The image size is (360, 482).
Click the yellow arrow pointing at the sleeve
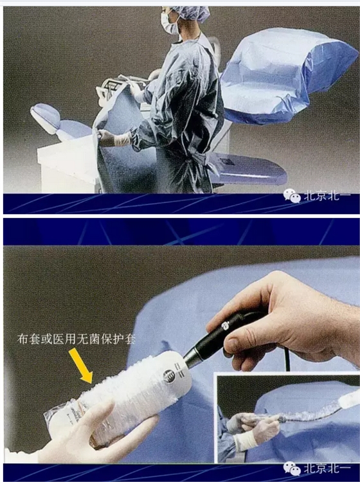[81, 366]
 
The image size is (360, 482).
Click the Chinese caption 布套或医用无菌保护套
[76, 339]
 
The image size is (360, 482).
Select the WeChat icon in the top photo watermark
[292, 195]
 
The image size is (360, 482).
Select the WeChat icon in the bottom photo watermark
[292, 469]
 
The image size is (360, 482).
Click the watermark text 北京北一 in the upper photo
[327, 195]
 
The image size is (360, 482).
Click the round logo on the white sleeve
[169, 376]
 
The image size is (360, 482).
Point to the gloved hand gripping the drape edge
[106, 138]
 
